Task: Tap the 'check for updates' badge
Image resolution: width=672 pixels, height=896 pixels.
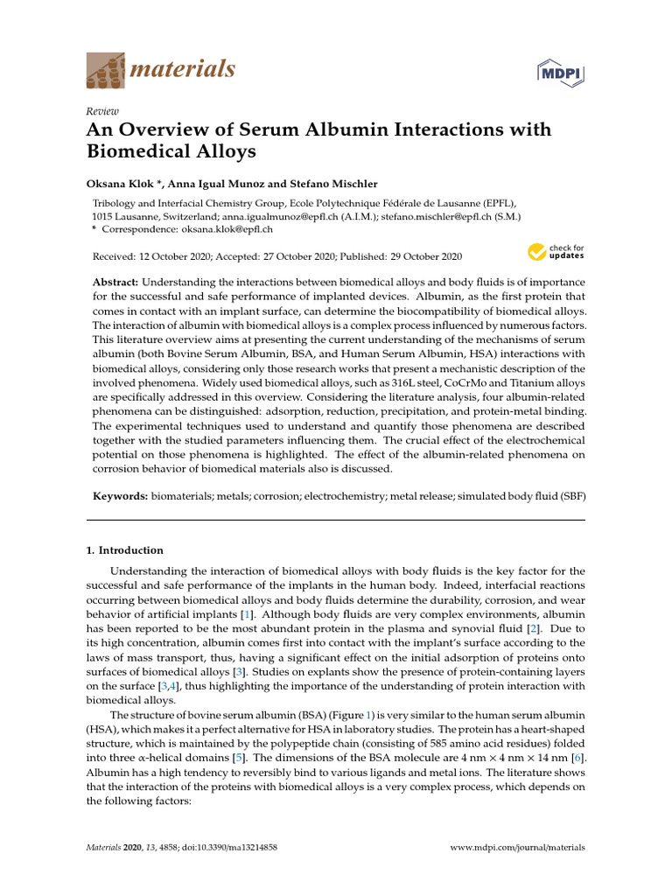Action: click(556, 253)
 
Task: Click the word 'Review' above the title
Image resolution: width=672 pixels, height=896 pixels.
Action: click(101, 112)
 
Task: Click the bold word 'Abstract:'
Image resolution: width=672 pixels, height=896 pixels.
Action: click(115, 283)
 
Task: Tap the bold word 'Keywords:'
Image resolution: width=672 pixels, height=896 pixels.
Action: click(121, 496)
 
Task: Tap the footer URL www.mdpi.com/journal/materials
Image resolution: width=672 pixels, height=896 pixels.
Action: click(517, 847)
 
